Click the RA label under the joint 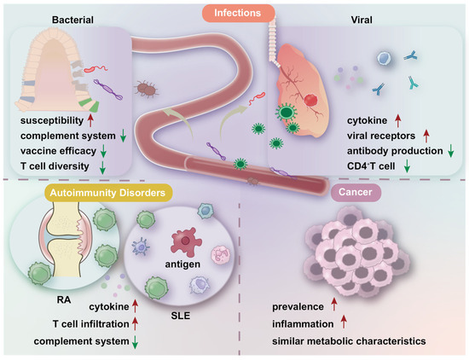51,300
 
